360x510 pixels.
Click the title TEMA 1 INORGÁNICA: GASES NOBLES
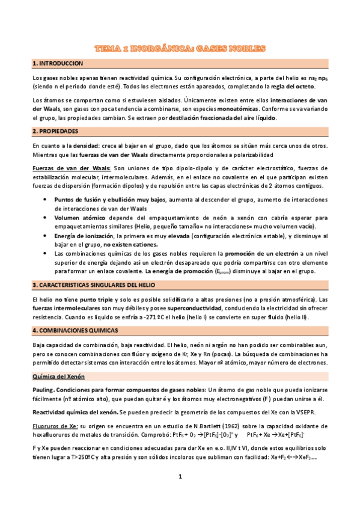click(x=180, y=48)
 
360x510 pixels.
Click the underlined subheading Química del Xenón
click(x=59, y=376)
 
